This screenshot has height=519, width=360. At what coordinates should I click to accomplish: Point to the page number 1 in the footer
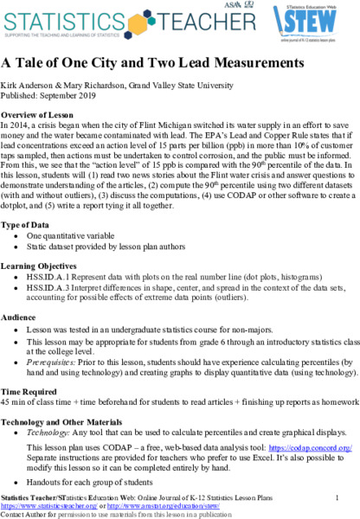[x=335, y=496]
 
